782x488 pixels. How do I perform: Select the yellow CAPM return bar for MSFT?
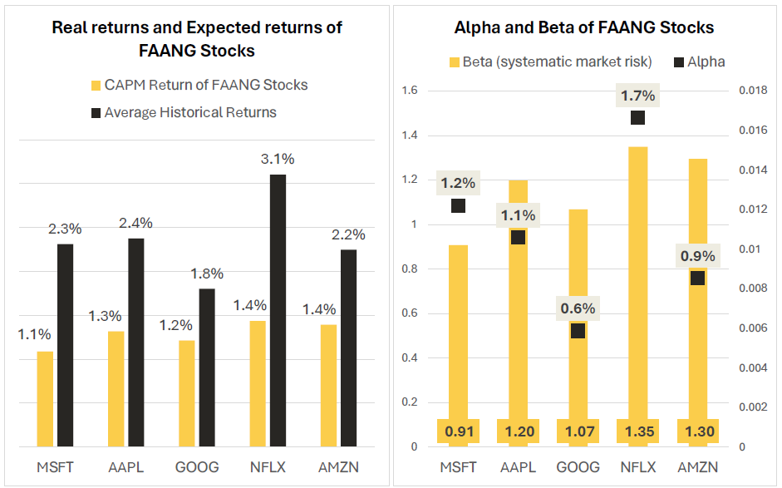[45, 399]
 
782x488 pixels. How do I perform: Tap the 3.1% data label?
[278, 159]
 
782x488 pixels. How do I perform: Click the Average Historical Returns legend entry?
[189, 112]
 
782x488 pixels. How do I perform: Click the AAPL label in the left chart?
[126, 467]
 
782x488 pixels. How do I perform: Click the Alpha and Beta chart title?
[583, 27]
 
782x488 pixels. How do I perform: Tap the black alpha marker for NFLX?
[637, 117]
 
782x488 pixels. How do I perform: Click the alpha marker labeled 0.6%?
[578, 331]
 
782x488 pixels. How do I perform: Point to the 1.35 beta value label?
[637, 431]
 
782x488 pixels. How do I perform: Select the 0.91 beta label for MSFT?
[459, 431]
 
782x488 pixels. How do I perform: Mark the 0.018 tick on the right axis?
[753, 91]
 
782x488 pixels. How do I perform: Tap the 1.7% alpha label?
[637, 96]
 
